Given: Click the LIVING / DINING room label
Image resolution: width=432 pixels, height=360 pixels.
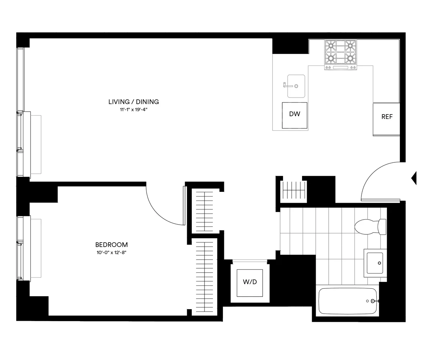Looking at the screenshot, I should (x=134, y=102).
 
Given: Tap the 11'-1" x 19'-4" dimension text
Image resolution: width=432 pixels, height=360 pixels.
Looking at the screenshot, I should (x=134, y=110).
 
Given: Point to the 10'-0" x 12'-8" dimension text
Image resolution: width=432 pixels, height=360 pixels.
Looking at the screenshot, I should (x=111, y=253).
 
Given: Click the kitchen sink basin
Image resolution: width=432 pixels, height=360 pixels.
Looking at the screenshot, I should (x=296, y=86).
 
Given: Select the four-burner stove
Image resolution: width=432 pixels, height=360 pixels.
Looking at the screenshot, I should (x=341, y=54).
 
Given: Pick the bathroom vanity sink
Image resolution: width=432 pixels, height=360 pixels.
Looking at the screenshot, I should (x=375, y=263).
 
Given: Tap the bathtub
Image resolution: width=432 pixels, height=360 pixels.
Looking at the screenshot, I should (x=347, y=301).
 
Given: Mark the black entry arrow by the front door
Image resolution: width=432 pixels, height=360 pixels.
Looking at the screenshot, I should (x=414, y=178).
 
